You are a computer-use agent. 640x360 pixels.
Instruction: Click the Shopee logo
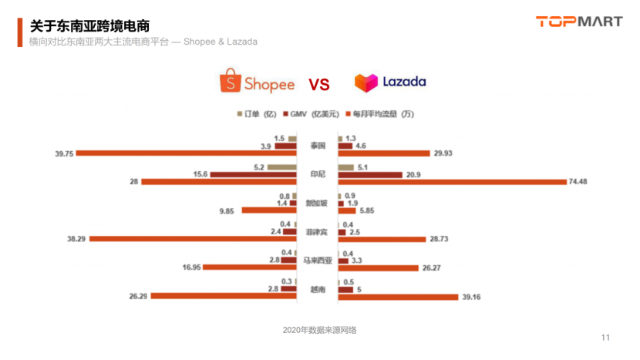tap(257, 82)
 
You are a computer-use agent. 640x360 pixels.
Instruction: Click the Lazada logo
tap(390, 82)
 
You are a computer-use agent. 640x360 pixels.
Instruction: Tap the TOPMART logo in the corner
tap(579, 22)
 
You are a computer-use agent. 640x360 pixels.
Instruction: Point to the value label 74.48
tap(582, 182)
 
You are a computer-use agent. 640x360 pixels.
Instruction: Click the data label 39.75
tap(64, 153)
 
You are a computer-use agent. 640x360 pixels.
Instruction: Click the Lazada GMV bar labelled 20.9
tap(370, 175)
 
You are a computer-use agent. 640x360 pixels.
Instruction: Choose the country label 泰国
tap(318, 146)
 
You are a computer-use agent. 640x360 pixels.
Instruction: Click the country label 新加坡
tap(317, 204)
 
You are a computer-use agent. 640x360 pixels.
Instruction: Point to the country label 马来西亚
tap(317, 261)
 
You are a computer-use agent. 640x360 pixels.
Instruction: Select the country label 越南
tap(318, 290)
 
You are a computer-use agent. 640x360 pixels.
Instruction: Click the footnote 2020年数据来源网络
tap(319, 331)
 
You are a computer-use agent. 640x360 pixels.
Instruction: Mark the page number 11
tap(605, 338)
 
